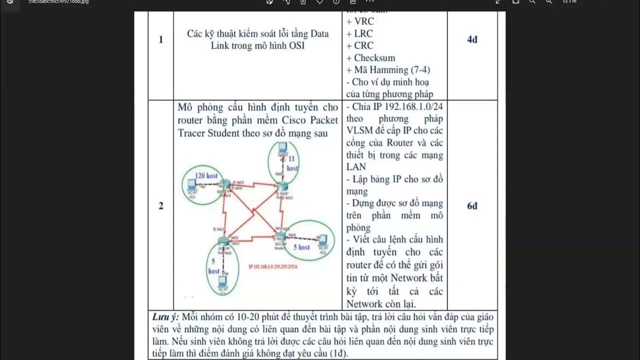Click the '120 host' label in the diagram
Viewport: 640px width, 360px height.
coord(206,175)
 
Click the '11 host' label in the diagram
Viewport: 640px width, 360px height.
coord(292,163)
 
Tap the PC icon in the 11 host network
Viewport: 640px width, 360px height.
coord(282,147)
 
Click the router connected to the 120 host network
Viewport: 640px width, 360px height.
coord(225,185)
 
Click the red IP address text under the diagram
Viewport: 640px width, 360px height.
coord(273,266)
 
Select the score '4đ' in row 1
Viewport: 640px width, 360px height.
coord(472,39)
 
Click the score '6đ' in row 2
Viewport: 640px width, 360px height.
coord(472,205)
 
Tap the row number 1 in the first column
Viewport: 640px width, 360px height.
coord(160,39)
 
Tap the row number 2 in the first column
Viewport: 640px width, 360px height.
coord(160,205)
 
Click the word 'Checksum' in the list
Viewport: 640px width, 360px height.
coord(374,58)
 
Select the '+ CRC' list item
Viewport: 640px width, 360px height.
coord(360,45)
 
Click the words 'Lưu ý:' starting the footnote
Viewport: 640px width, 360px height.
coord(165,317)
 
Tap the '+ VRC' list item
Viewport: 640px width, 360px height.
coord(360,21)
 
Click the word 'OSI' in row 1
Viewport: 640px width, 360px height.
coord(296,45)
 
